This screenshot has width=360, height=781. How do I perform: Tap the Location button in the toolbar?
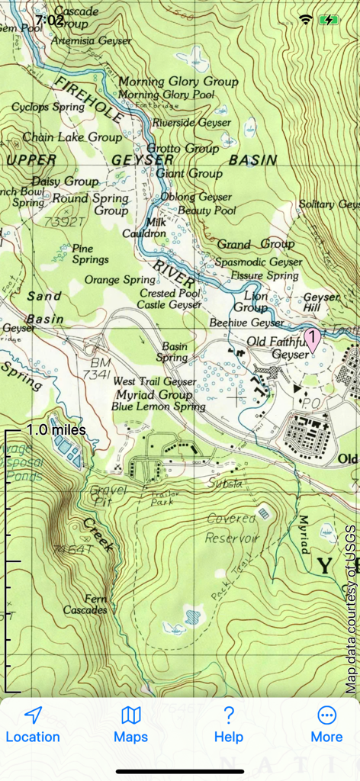coord(33,725)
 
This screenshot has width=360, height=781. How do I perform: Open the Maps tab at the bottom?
coord(131,725)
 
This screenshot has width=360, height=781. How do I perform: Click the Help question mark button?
coord(228,725)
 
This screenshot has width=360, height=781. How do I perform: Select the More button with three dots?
coord(326,725)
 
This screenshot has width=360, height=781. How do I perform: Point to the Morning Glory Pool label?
coord(166,95)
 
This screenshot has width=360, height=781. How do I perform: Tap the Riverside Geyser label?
coord(191,122)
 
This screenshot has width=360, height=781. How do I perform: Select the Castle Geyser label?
coord(169,304)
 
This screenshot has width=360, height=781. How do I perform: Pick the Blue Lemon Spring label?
coord(158,407)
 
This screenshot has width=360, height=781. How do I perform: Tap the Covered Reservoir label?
coord(233,528)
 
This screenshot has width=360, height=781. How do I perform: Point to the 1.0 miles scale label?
coord(56,430)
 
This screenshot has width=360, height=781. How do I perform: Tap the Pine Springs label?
coord(90,254)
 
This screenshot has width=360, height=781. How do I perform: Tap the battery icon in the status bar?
coord(329,20)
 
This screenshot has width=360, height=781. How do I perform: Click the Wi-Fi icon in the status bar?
coord(306,20)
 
